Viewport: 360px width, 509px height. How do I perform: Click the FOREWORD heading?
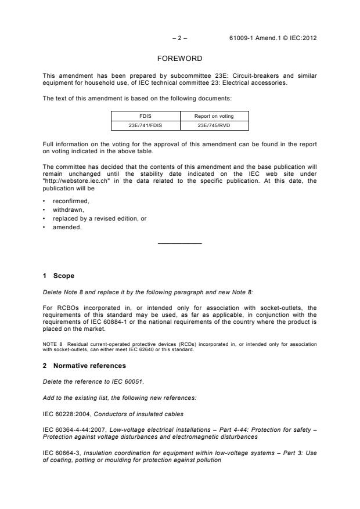(179, 59)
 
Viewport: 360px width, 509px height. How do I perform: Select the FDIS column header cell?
(145, 116)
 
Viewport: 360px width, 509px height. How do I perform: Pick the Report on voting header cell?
(214, 116)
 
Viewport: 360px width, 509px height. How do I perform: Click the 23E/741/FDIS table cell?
(145, 125)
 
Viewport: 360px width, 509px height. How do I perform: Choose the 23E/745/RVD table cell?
(214, 125)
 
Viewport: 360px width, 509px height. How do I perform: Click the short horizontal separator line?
(179, 243)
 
